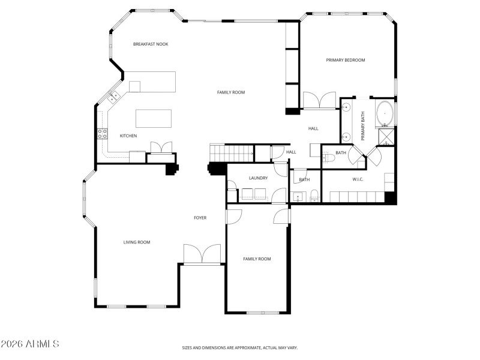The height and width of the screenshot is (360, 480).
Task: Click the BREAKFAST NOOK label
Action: (151, 44)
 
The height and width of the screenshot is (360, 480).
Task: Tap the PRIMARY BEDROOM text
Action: (346, 60)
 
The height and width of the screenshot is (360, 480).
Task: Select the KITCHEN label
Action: (128, 136)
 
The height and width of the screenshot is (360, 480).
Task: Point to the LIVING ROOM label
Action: (137, 242)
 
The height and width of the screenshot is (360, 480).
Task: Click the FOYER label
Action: (200, 218)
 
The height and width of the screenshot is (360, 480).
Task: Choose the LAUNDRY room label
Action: (258, 178)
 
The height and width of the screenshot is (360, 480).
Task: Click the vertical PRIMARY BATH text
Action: (363, 127)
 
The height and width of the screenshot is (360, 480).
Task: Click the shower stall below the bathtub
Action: (385, 137)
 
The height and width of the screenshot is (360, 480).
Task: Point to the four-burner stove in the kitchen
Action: (102, 133)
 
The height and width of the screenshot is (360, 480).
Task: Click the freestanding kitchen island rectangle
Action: (154, 118)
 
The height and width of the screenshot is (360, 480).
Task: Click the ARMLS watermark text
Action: (30, 344)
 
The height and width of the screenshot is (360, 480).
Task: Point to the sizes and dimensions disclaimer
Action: (239, 347)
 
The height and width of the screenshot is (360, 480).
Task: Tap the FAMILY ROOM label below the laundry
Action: (257, 259)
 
